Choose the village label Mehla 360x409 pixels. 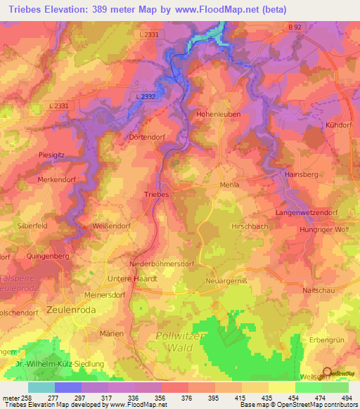tap(230, 185)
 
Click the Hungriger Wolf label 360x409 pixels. tap(323, 230)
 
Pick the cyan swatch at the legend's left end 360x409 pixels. tap(41, 387)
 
